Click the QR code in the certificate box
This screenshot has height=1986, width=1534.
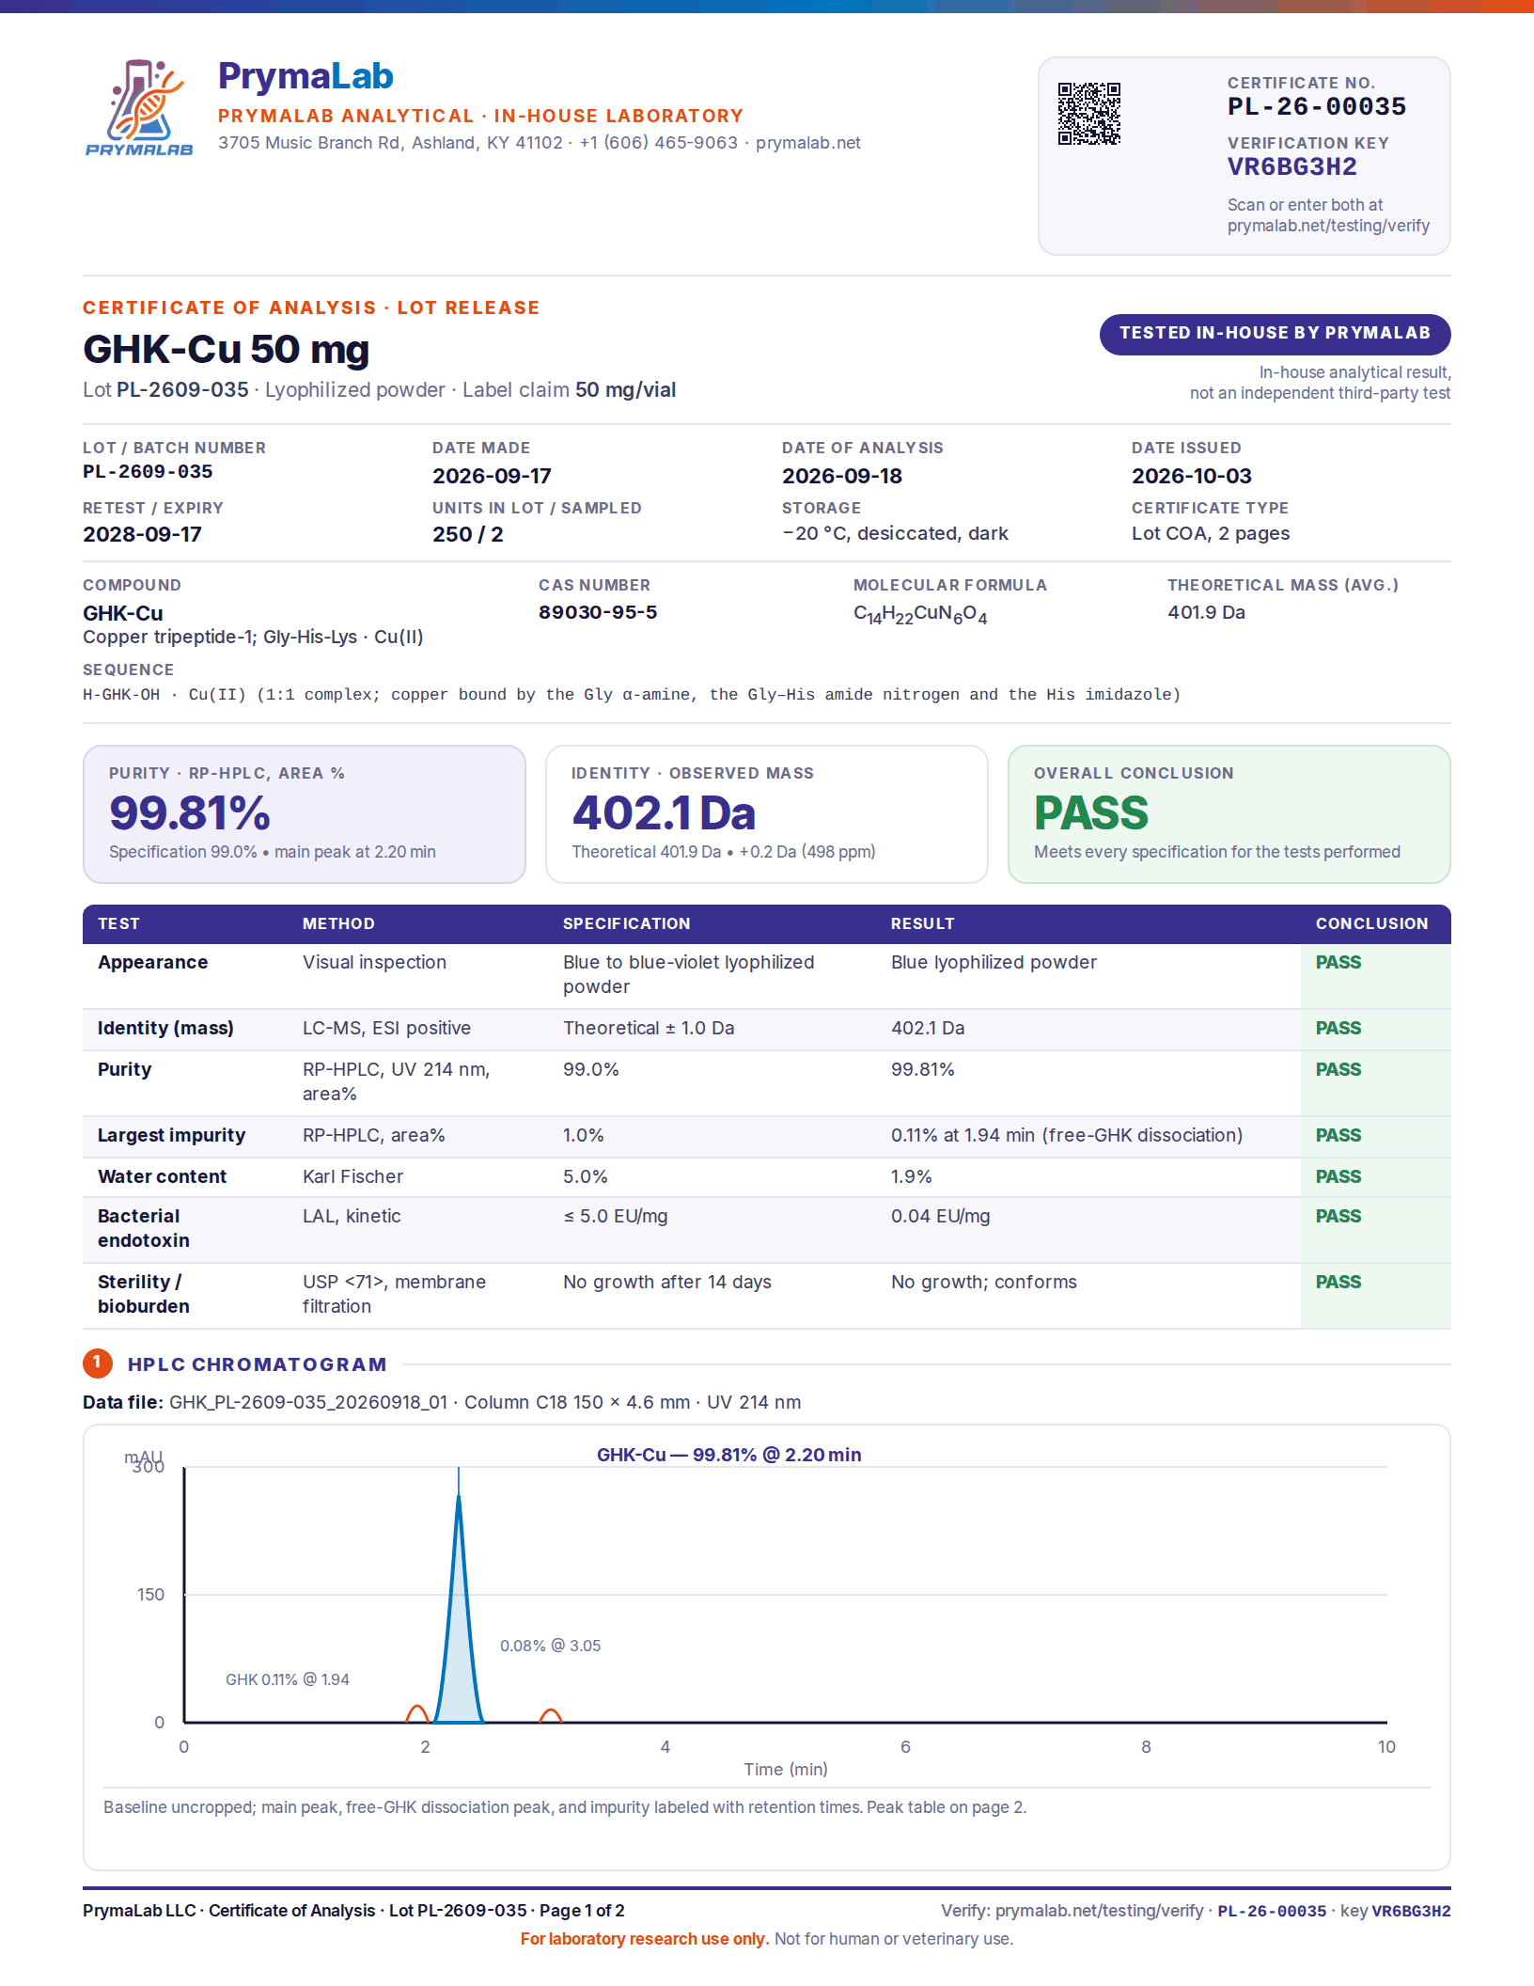[x=1088, y=114]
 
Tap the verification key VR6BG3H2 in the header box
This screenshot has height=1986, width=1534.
[x=1291, y=167]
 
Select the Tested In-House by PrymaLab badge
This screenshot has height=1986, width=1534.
[x=1275, y=334]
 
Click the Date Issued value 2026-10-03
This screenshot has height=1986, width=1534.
[x=1191, y=476]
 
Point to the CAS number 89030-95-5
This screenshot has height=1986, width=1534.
[x=597, y=612]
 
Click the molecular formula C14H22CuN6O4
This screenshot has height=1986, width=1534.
[x=919, y=614]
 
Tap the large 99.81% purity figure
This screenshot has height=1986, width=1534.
[x=189, y=813]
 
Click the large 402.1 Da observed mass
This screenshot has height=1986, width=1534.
[x=664, y=813]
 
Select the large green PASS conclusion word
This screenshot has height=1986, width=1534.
[x=1090, y=813]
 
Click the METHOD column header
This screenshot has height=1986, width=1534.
[x=338, y=923]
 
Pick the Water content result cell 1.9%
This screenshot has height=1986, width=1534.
[x=911, y=1176]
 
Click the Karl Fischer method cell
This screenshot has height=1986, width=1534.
[x=352, y=1176]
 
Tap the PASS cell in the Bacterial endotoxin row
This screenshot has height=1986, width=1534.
[x=1338, y=1216]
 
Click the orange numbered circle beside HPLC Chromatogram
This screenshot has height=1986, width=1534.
[x=97, y=1363]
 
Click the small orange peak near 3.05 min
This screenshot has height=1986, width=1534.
[x=551, y=1714]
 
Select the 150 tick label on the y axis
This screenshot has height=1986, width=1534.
[x=150, y=1595]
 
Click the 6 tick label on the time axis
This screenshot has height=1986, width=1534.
[x=905, y=1747]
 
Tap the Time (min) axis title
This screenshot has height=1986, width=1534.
[x=786, y=1770]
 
